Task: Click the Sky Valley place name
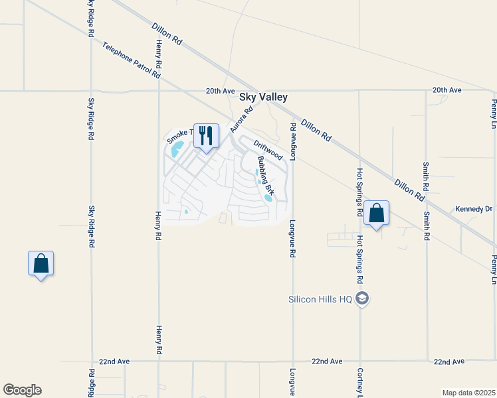pyautogui.click(x=263, y=97)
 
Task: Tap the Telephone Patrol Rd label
pyautogui.click(x=132, y=60)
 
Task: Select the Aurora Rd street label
pyautogui.click(x=242, y=119)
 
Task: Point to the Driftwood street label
pyautogui.click(x=268, y=149)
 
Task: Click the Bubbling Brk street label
pyautogui.click(x=266, y=178)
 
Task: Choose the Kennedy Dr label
pyautogui.click(x=473, y=209)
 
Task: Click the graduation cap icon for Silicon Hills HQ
pyautogui.click(x=361, y=298)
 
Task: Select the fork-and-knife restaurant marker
pyautogui.click(x=206, y=136)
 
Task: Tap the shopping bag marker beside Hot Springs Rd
pyautogui.click(x=376, y=214)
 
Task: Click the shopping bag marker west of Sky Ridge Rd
pyautogui.click(x=41, y=263)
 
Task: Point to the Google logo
pyautogui.click(x=22, y=390)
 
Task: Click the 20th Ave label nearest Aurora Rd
pyautogui.click(x=221, y=90)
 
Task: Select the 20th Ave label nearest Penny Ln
pyautogui.click(x=447, y=90)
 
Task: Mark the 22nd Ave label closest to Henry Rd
pyautogui.click(x=114, y=362)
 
